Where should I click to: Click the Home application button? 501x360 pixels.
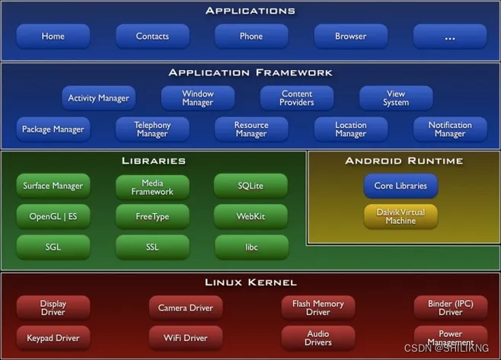point(53,37)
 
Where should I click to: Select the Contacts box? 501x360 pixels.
point(152,37)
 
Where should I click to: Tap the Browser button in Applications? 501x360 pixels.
point(350,37)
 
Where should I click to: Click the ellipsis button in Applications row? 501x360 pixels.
point(449,37)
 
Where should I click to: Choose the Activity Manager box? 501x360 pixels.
point(98,98)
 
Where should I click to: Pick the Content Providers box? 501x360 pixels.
point(296,98)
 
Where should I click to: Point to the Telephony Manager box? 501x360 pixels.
point(152,129)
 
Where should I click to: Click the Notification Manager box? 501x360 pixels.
point(449,129)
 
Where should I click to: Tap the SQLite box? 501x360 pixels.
point(251,186)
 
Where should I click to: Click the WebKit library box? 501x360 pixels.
point(251,217)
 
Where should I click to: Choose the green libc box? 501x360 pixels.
point(251,247)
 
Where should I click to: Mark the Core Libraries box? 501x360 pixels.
point(400,186)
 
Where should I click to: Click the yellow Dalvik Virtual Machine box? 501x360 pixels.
point(400,216)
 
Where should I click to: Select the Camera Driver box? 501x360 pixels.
point(186,308)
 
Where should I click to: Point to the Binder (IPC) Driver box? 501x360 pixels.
point(450,307)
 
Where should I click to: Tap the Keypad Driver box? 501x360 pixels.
point(53,338)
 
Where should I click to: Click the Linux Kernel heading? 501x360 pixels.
point(250,282)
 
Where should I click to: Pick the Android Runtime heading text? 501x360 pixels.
point(404,161)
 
